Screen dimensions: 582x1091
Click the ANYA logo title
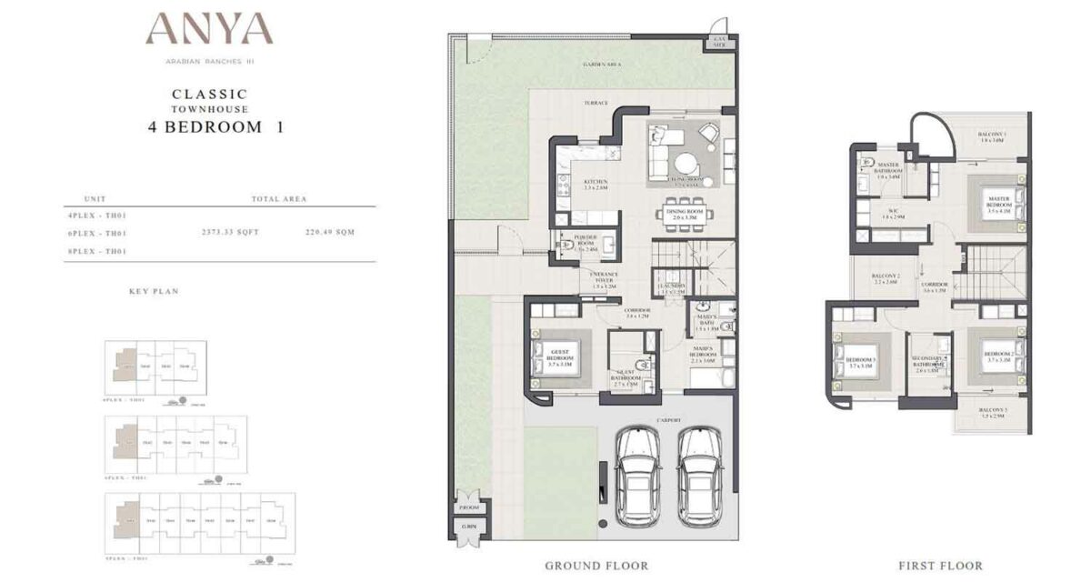pos(209,29)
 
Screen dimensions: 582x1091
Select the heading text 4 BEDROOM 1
pos(215,127)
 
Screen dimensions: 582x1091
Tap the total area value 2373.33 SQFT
pos(230,232)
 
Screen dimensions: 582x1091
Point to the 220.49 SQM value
pos(330,232)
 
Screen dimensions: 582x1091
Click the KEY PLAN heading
pos(154,292)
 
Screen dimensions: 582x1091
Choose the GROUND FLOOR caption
pos(596,566)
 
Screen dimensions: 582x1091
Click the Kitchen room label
pos(596,185)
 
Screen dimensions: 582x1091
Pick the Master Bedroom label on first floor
pos(1000,202)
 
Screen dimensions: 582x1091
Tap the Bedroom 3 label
pos(859,361)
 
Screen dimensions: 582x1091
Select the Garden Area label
pos(601,65)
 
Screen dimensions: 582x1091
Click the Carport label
pos(668,421)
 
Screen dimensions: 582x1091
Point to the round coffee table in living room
pos(685,163)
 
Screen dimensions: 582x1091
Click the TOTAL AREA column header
pos(278,198)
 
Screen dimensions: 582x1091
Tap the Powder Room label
pos(586,241)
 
